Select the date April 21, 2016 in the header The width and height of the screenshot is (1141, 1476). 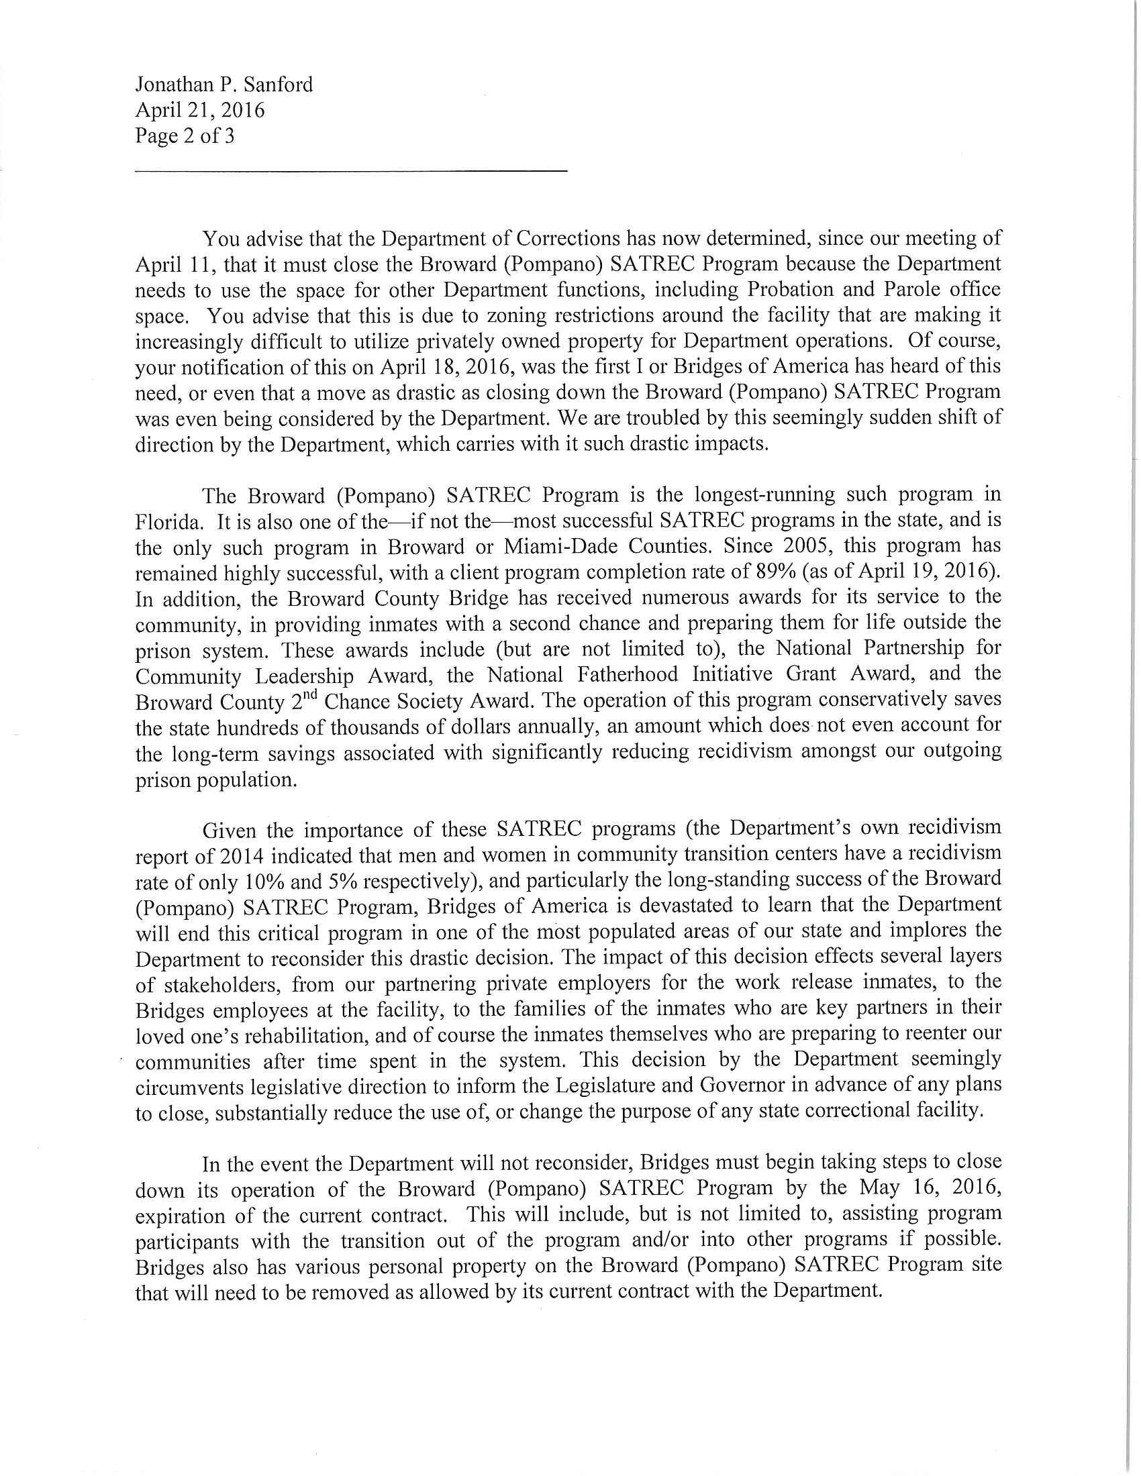(x=199, y=110)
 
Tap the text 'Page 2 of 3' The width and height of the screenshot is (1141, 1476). (x=185, y=136)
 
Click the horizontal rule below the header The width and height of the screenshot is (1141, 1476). (x=351, y=172)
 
